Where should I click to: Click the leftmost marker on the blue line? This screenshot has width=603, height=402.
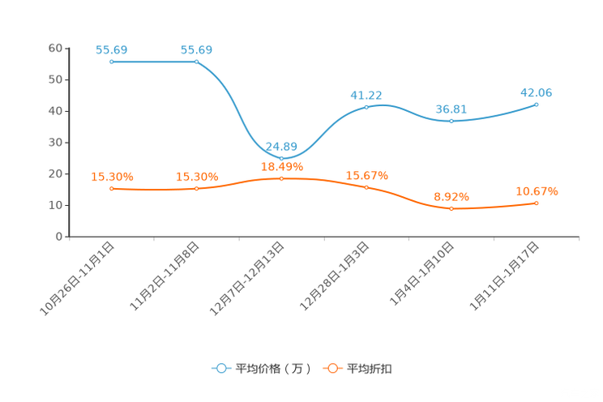coord(111,62)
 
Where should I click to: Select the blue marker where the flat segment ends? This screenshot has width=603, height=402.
coord(196,62)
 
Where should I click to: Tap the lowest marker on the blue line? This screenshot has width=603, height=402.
coord(281,157)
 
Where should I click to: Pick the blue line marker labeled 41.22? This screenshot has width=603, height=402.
coord(366,107)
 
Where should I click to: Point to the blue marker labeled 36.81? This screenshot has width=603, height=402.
coord(451,121)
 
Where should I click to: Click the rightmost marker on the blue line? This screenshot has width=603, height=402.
coord(537,105)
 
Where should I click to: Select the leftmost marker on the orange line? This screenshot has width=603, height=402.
coord(111,188)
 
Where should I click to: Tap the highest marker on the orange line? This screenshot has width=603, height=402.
coord(281,177)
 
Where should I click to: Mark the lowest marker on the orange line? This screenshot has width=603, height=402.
coord(451,209)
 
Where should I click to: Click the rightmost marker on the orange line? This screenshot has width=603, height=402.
coord(537,203)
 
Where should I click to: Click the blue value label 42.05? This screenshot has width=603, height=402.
coord(537,92)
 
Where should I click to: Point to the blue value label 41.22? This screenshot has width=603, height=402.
coord(366,95)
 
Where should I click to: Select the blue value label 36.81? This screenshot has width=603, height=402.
coord(451,109)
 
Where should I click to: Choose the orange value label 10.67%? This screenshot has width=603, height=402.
coord(537,191)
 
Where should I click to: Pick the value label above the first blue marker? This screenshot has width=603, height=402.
coord(112,49)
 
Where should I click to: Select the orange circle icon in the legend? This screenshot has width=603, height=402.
coord(331,368)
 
